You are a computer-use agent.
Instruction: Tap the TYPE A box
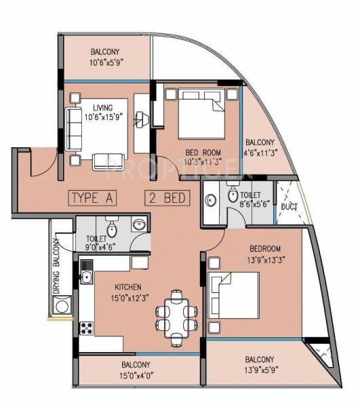pos(94,199)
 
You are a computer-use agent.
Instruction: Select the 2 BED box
pos(167,199)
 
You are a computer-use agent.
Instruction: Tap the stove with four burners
pos(87,330)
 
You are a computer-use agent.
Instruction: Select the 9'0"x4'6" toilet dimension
pos(98,238)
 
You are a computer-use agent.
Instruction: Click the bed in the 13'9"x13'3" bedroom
pos(235,292)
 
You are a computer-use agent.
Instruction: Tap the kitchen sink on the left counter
pos(86,276)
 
